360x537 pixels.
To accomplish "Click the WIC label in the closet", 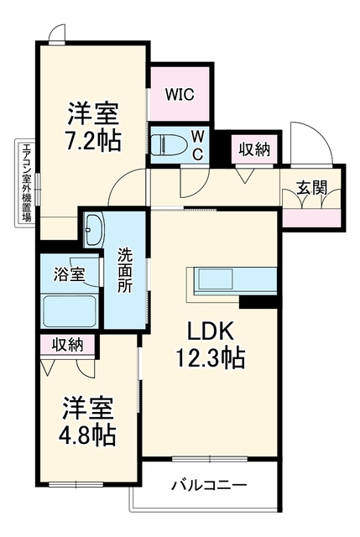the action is [180, 94].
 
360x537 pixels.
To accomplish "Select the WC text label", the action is [197, 146].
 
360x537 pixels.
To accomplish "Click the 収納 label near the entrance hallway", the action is [254, 149].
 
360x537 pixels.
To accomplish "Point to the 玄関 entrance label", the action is [311, 188].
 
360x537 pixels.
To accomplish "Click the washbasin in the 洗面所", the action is [94, 229].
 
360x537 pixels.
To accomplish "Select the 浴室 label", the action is [69, 274].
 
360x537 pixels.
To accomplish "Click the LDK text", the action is [210, 331].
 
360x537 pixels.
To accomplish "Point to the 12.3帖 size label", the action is [210, 358].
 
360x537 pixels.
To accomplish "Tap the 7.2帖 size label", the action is [93, 141].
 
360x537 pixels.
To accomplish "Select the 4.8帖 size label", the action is [87, 435].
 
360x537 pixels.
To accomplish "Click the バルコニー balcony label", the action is [209, 485].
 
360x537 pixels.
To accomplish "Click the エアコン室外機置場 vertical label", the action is [26, 183].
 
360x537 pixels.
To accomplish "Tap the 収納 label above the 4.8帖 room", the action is [67, 345].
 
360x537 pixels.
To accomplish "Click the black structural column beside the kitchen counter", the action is [258, 302].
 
